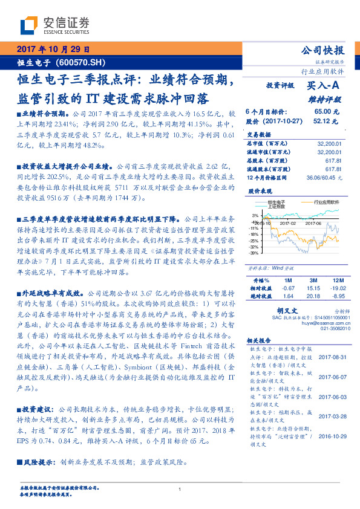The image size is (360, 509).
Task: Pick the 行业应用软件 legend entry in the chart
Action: click(x=327, y=203)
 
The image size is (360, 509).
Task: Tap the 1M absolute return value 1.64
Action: click(x=287, y=297)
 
